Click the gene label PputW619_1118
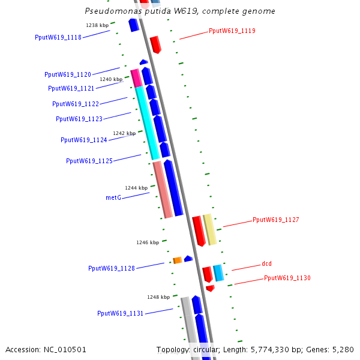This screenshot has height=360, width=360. [58, 37]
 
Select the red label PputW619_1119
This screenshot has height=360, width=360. [232, 31]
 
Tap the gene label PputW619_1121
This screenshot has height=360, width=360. [71, 88]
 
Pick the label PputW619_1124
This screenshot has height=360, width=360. [84, 140]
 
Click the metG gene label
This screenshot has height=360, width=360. [113, 197]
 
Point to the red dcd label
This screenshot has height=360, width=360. [266, 264]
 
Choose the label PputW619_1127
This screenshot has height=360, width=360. [275, 220]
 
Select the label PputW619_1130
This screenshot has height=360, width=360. [287, 278]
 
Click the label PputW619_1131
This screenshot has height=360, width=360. [121, 313]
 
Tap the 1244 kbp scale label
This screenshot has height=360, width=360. [136, 188]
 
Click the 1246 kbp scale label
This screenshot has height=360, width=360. [148, 242]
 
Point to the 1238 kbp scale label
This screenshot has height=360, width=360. [97, 25]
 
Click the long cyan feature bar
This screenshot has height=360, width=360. [146, 123]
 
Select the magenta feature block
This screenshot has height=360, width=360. [136, 77]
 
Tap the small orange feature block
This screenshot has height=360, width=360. [178, 260]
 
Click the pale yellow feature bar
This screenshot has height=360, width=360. [209, 229]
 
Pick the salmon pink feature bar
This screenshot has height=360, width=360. [163, 189]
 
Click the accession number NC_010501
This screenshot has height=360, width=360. [65, 349]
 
